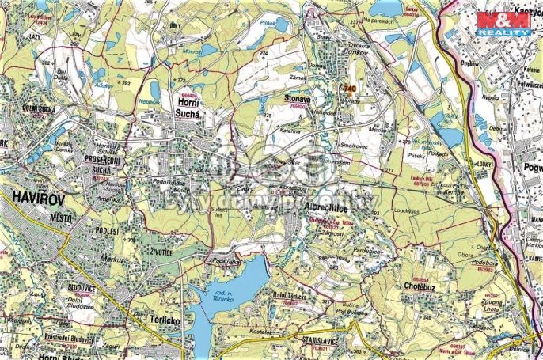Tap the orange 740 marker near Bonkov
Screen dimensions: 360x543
(349, 89)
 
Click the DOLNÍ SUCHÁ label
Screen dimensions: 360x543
(37, 109)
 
